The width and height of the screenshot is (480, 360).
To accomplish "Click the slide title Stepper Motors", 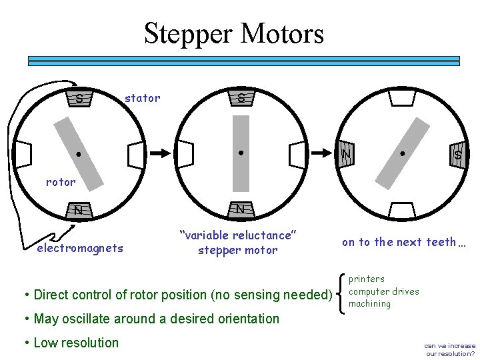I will click(x=234, y=33).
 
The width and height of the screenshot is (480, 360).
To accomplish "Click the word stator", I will click(x=143, y=99).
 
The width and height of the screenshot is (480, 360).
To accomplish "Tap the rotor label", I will click(x=61, y=181).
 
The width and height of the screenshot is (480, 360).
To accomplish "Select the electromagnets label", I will click(x=80, y=248).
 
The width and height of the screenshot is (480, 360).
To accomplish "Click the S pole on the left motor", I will click(x=79, y=99).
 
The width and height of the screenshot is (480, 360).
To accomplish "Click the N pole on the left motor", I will click(x=79, y=211).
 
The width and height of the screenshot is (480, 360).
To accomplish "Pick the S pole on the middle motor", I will click(x=240, y=99).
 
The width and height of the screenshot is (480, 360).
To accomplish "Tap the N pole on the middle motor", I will click(x=240, y=209).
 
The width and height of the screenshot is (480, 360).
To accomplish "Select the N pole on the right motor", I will click(x=346, y=155).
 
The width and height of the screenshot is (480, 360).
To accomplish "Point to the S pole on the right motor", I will click(x=457, y=154).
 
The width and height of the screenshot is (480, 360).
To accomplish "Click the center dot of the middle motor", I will click(x=240, y=153).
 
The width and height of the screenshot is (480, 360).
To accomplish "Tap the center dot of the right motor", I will click(x=402, y=153).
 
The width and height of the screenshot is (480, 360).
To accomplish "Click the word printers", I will click(x=367, y=279).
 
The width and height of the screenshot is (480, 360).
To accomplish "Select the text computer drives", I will click(x=384, y=291).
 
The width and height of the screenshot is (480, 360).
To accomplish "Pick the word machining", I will click(x=370, y=304).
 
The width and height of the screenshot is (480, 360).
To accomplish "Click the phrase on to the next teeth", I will click(x=404, y=242).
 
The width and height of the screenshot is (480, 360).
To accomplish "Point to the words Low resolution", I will click(x=76, y=343).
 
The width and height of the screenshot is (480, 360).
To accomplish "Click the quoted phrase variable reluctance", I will click(x=237, y=235).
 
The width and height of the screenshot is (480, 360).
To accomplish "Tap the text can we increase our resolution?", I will click(x=450, y=349).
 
